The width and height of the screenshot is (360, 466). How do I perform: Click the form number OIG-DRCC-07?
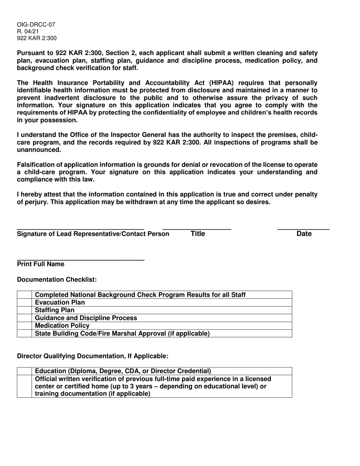coord(36,25)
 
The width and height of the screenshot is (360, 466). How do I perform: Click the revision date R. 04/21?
coord(28,31)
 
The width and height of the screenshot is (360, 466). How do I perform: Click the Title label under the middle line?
coord(197,234)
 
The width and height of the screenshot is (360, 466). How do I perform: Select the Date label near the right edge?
coord(304,234)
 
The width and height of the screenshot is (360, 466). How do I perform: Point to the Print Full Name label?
coord(41,264)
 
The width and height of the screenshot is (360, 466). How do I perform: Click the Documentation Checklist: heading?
coord(57,280)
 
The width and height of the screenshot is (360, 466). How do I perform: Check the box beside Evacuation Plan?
coord(25,302)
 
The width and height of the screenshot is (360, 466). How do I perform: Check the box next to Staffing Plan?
coord(25,310)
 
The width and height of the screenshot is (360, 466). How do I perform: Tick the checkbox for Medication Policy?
coord(25,325)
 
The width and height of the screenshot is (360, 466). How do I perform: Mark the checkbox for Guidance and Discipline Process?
coord(25,318)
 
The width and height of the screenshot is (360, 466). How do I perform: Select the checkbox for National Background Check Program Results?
coord(25,295)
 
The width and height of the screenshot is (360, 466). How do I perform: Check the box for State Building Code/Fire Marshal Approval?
coord(25,333)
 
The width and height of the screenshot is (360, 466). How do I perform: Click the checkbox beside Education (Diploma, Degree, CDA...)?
coord(25,371)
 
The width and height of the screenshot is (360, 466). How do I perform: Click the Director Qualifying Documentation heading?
coord(92,356)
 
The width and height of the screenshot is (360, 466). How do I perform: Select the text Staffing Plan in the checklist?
coord(55,310)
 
